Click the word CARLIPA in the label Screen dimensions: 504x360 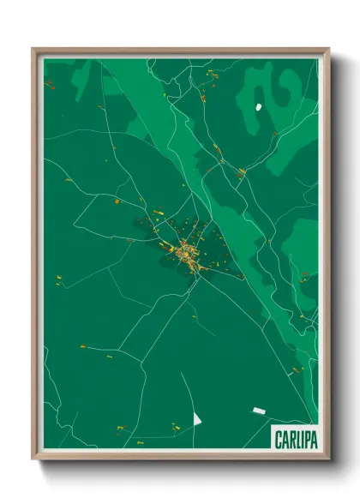(x=296, y=440)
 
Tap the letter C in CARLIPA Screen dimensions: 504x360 (x=279, y=440)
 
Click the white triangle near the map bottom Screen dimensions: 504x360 (x=196, y=418)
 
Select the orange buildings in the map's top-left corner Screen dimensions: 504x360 (x=50, y=83)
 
